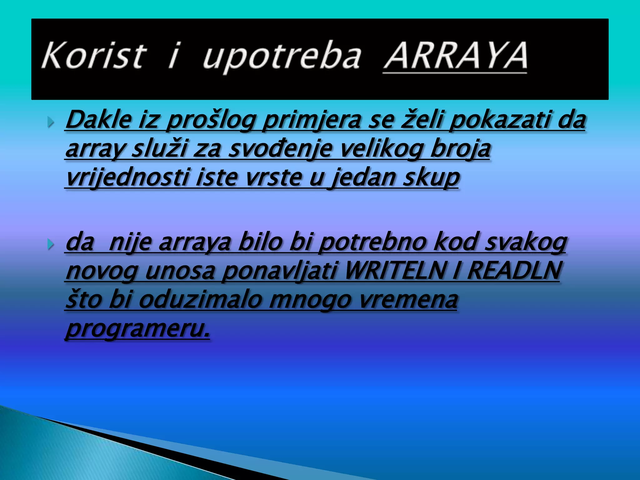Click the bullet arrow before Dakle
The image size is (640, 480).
(51, 122)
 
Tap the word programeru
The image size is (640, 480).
(137, 329)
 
